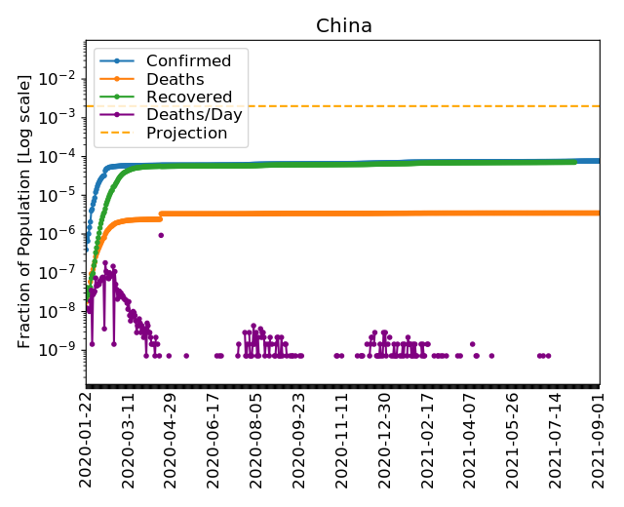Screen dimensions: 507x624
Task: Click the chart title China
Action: [343, 26]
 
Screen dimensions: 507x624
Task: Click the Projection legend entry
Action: [186, 133]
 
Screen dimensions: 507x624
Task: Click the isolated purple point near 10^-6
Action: [161, 235]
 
